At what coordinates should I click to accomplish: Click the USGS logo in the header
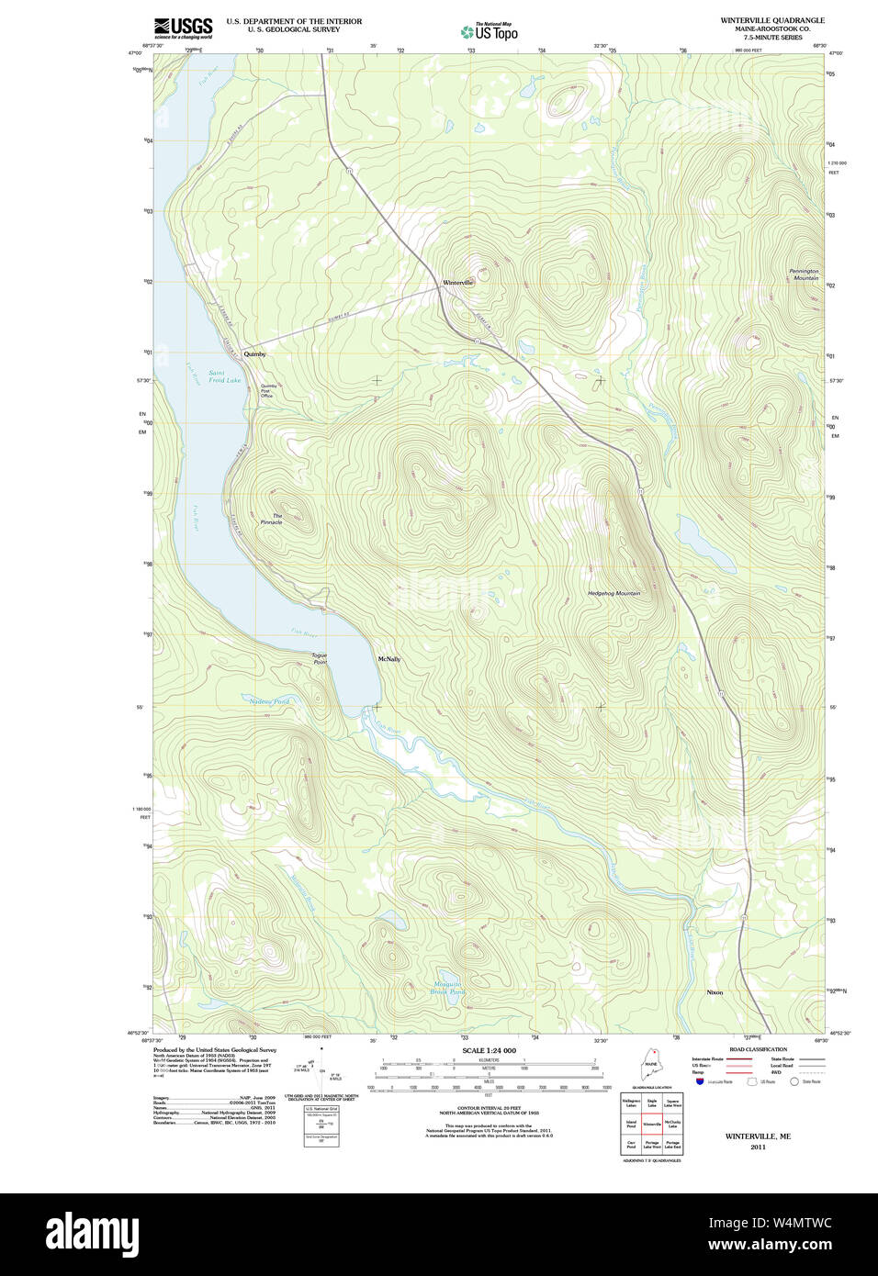coord(183,27)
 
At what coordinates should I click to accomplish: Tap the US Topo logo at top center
coord(490,32)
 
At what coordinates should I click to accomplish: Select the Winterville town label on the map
coord(457,283)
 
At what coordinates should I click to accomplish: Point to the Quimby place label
coord(254,353)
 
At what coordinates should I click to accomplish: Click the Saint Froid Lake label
coord(223,376)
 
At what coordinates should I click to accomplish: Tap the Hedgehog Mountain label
coord(613,594)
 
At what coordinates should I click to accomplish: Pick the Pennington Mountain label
coord(804,274)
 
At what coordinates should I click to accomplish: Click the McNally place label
coord(389,659)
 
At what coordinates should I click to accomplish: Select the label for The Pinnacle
coord(273,520)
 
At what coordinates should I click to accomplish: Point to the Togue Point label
coord(319,658)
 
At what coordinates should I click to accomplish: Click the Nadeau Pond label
coord(269,701)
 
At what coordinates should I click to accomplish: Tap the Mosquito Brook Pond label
coord(448,988)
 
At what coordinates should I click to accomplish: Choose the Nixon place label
coord(715,992)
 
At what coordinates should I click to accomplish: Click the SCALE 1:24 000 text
coord(489,1050)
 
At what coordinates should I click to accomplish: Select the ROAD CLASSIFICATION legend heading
coord(758,1049)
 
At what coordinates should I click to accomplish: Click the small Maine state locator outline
coord(651,1067)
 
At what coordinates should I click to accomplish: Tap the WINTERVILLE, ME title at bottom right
coord(757,1136)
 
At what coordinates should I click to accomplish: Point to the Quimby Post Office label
coord(267,391)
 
